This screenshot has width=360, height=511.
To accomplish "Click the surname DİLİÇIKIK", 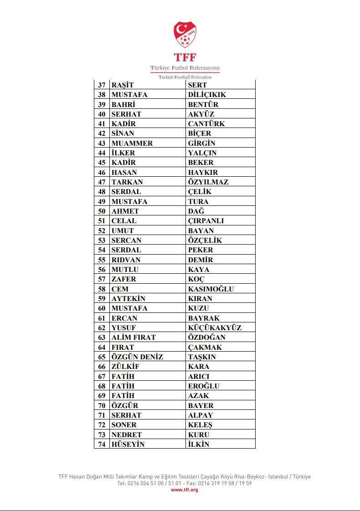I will [207, 95].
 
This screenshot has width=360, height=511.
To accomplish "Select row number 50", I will [102, 211].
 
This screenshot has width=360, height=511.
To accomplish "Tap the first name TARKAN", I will [127, 182].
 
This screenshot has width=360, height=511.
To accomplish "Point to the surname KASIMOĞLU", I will [211, 289].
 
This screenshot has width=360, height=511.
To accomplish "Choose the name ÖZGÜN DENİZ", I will [137, 357].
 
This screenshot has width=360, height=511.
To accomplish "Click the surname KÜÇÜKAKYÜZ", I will [215, 328].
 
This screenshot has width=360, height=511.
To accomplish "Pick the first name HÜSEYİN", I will [128, 445].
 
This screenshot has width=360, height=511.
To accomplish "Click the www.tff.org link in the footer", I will [185, 490].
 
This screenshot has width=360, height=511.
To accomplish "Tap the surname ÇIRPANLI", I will [206, 221].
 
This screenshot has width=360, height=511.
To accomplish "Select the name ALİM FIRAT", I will [134, 337].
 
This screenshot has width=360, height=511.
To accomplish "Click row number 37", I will [102, 85].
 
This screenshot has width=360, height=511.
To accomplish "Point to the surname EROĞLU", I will [204, 386].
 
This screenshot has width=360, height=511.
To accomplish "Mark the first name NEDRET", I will [127, 435].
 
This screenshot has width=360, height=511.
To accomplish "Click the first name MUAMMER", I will [132, 143].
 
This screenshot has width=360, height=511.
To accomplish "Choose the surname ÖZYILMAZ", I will [208, 182].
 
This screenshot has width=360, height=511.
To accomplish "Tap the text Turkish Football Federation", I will [185, 77].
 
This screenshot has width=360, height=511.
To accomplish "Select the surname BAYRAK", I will [204, 318].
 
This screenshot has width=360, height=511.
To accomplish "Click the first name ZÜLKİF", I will [125, 367].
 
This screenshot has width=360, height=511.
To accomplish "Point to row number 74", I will [102, 445].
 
